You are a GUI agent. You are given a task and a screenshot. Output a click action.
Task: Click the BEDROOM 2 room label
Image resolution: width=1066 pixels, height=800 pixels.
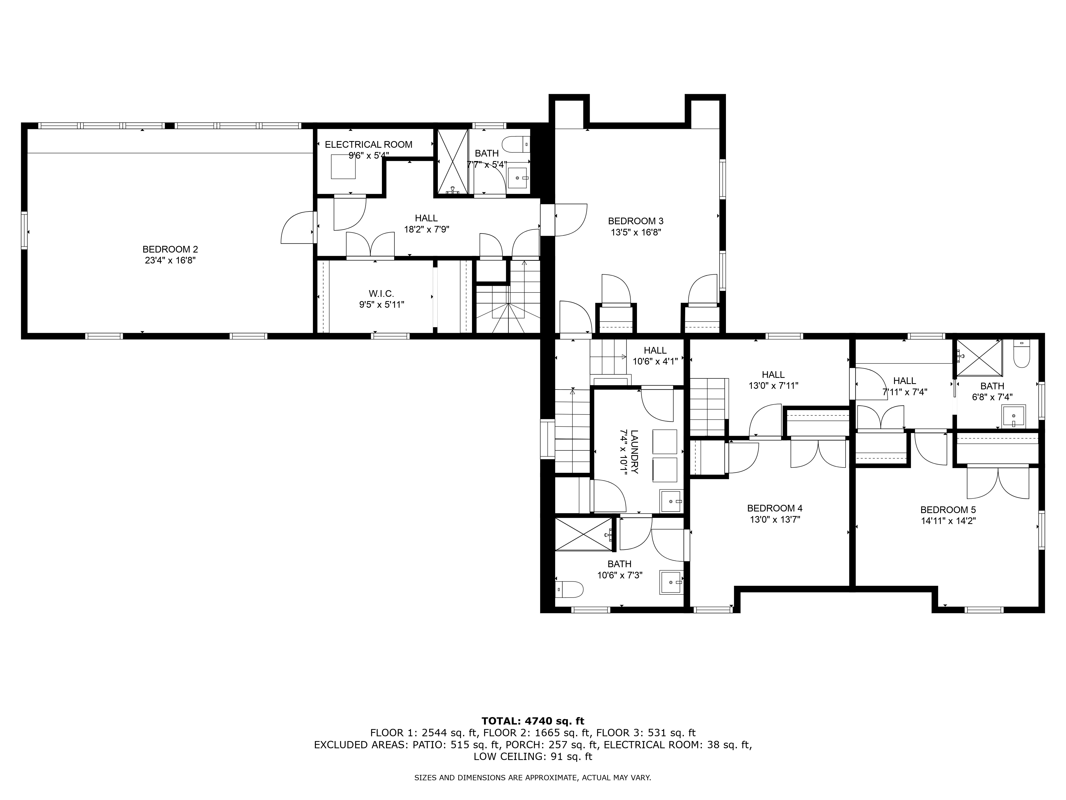[170, 249]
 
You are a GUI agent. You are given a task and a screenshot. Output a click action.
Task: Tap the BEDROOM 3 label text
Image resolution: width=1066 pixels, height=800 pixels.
[636, 221]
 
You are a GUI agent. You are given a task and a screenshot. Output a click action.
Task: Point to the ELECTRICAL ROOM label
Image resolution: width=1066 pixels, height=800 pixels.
[369, 145]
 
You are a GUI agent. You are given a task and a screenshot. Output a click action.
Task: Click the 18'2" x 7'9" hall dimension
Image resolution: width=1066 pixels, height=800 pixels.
[426, 230]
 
